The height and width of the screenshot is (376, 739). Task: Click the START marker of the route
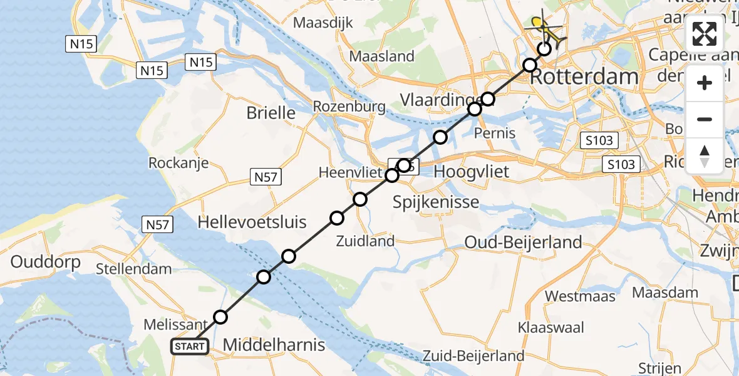click(189, 347)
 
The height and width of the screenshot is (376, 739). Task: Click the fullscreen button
click(705, 34)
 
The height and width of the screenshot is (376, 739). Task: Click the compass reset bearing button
click(705, 155)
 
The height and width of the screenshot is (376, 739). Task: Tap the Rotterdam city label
click(587, 77)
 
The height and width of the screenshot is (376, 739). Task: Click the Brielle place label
click(271, 113)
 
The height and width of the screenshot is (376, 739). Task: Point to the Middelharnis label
click(274, 345)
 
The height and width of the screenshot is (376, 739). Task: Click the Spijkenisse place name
click(436, 202)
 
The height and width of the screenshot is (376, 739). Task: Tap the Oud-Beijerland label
click(524, 243)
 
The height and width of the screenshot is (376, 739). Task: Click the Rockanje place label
click(178, 163)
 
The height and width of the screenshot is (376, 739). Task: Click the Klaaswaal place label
click(551, 327)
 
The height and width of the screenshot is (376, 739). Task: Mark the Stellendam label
click(134, 270)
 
